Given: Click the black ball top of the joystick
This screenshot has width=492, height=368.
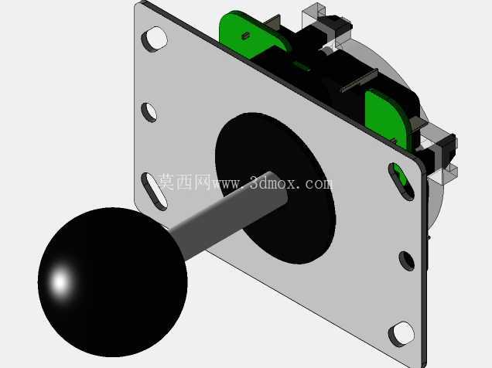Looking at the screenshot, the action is (x=112, y=282).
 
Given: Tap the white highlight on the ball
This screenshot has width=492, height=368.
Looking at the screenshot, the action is (x=60, y=281).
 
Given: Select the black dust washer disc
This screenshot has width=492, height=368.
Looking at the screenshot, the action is (x=275, y=188).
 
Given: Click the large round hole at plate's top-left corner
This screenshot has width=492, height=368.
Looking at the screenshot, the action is (x=155, y=39).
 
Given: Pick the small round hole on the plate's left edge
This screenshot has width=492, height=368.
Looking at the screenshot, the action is (x=149, y=112).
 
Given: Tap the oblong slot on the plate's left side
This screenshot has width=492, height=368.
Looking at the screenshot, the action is (x=154, y=191).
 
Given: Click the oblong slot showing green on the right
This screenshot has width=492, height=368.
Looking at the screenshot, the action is (x=401, y=181).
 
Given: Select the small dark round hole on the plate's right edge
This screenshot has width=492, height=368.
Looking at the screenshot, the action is (x=407, y=261).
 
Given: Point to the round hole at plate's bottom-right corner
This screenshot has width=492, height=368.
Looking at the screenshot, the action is (x=401, y=334).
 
